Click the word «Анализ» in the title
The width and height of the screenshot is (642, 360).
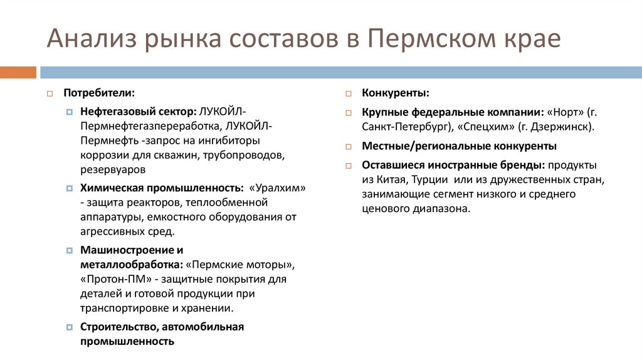(x=92, y=39)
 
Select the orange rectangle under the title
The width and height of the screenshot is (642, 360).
(x=18, y=72)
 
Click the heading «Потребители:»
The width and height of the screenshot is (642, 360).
(x=98, y=93)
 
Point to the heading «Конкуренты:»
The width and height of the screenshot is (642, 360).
(x=396, y=93)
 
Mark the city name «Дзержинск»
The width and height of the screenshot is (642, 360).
(x=558, y=127)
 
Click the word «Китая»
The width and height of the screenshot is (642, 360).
(x=388, y=179)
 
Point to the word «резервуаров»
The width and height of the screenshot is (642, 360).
(x=112, y=169)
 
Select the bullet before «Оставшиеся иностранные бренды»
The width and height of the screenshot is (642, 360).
(x=349, y=165)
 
